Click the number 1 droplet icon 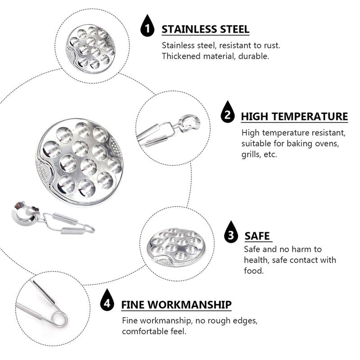click(147, 26)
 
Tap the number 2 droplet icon click(228, 112)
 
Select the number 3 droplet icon click(231, 232)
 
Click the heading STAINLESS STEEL click(206, 29)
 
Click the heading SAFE click(257, 236)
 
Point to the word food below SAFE click(254, 271)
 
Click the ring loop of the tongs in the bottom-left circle click(59, 319)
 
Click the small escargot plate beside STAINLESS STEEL click(91, 49)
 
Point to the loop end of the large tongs click(89, 229)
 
